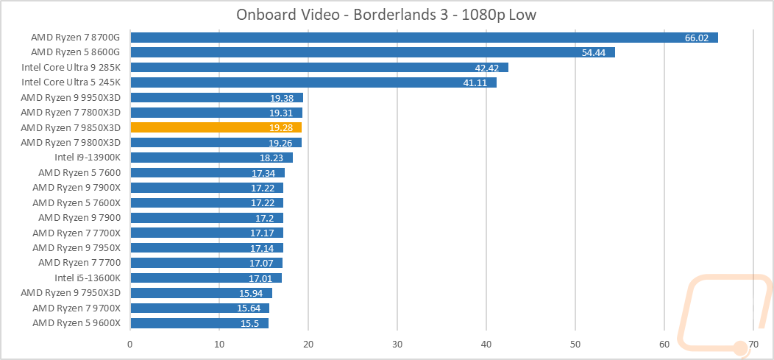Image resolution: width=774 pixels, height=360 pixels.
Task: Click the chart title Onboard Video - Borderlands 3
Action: (x=386, y=15)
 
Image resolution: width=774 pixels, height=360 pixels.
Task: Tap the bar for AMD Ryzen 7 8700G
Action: (x=423, y=38)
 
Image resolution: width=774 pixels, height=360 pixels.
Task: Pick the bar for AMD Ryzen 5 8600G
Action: (x=372, y=52)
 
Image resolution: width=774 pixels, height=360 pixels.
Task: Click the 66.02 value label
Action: (x=696, y=38)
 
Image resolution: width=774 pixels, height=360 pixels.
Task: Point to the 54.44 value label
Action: (x=593, y=52)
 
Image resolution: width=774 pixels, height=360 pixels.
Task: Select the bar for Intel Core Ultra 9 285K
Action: (x=319, y=68)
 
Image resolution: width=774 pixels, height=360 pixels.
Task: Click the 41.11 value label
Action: (x=475, y=82)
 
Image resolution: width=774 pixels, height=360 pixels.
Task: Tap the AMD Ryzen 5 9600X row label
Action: (x=81, y=322)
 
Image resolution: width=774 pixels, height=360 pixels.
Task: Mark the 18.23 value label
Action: (x=271, y=158)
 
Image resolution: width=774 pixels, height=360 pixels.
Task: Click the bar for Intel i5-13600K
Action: (x=205, y=278)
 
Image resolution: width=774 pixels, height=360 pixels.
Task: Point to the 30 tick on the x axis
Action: (x=397, y=343)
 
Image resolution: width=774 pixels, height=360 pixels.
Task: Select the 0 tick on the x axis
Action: (x=130, y=343)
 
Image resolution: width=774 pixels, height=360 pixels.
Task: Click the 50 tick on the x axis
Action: (x=575, y=343)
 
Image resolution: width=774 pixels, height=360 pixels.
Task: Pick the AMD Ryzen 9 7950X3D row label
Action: (x=76, y=292)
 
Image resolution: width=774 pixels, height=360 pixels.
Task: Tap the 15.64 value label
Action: (x=249, y=308)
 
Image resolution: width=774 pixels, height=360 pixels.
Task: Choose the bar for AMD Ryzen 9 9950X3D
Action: (x=216, y=97)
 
